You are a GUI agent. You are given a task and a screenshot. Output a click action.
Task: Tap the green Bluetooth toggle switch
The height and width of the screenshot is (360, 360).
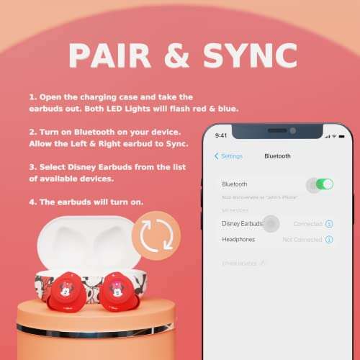point(324,184)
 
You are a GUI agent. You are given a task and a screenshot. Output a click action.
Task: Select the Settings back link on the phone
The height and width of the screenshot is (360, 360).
point(230,156)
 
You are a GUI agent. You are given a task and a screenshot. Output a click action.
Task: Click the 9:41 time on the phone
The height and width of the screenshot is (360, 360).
point(222,135)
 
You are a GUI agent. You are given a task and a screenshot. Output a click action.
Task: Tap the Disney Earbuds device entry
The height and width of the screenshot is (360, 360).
point(242,224)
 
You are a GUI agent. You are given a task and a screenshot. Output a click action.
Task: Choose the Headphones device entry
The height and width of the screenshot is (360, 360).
point(239,239)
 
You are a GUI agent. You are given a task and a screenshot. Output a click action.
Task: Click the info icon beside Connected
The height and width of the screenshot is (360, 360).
point(329,224)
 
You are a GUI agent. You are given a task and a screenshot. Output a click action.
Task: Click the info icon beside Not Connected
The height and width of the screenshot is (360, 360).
point(329,239)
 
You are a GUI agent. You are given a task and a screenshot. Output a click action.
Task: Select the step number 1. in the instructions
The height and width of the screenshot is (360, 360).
point(34,96)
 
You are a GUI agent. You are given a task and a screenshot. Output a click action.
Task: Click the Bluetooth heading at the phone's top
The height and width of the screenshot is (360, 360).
point(277,156)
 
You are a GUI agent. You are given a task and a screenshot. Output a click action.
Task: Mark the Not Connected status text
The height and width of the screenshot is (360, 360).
point(302,239)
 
